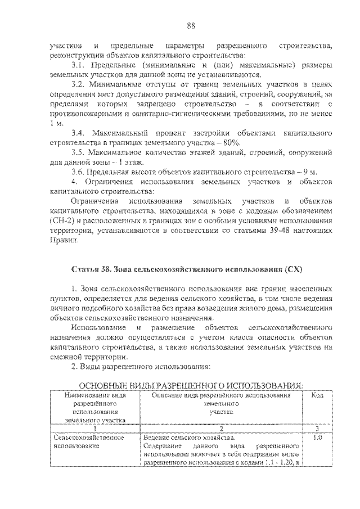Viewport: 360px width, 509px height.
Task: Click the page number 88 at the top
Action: click(x=191, y=25)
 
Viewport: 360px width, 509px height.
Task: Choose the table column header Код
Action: click(x=317, y=395)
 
